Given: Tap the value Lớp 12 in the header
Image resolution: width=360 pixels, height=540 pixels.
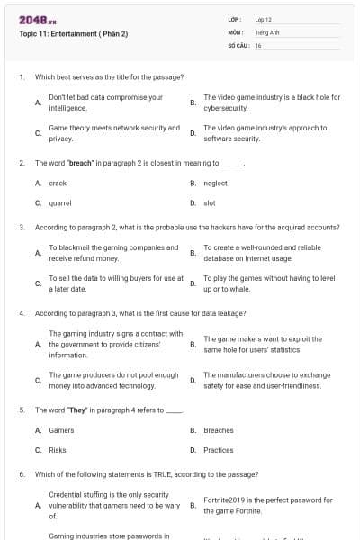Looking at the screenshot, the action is (263, 19).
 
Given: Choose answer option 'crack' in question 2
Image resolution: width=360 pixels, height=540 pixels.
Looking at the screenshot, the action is (58, 183).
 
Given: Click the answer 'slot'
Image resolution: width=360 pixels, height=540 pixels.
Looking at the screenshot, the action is (210, 203).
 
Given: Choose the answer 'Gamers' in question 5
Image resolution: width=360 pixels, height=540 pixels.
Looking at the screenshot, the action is (61, 430).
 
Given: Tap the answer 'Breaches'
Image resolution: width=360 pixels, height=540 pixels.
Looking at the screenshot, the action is (219, 430).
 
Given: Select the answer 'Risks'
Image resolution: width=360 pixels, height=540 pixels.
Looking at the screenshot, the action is (58, 450).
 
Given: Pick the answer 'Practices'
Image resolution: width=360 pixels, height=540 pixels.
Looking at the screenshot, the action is (219, 450).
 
